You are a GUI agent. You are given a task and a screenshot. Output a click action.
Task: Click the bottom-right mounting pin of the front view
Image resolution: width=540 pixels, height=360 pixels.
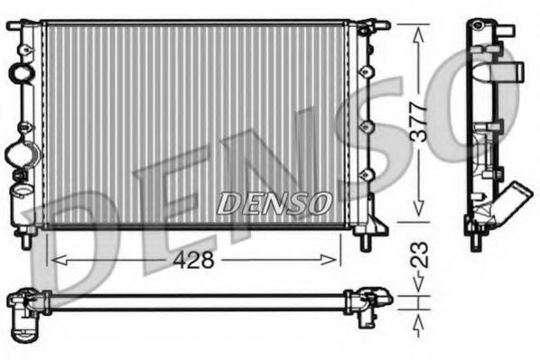(366, 241)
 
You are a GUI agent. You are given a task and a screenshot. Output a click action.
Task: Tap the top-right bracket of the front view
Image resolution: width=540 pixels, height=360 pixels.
(365, 28)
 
